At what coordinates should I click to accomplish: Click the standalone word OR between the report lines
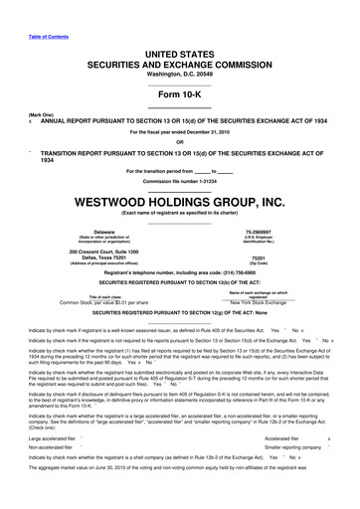pyautogui.click(x=180, y=140)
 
